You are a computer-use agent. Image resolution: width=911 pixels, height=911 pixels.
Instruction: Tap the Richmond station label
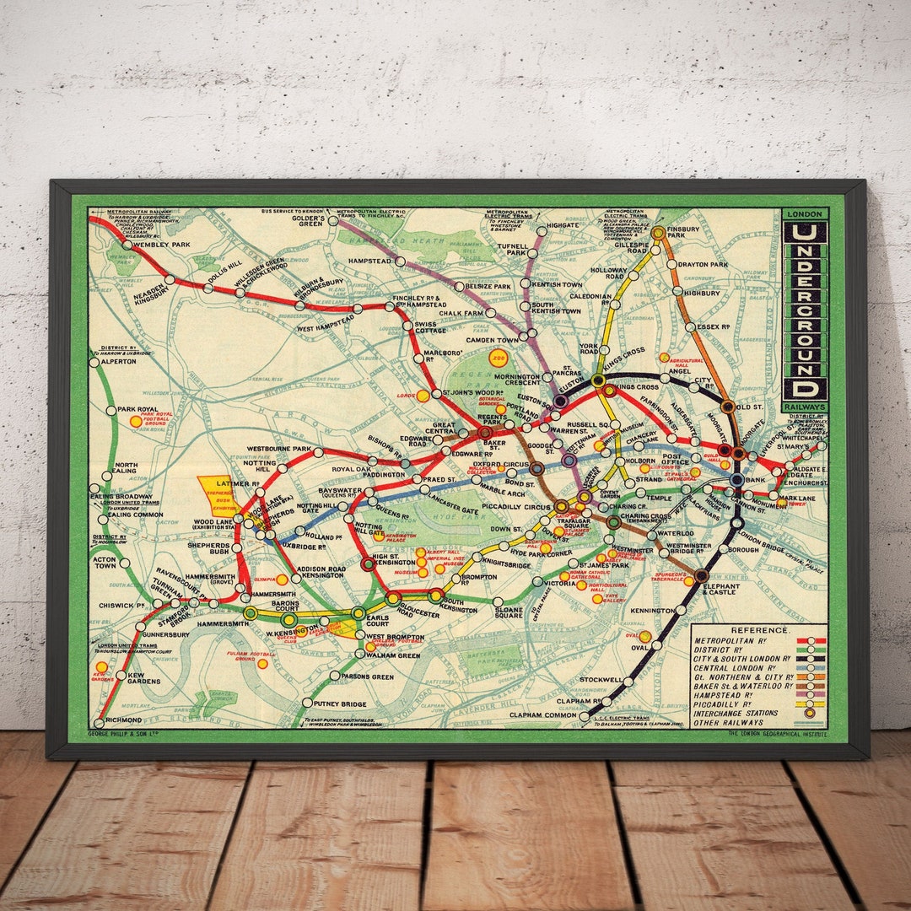[125, 722]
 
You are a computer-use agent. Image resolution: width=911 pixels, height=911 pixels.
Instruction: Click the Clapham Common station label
[542, 716]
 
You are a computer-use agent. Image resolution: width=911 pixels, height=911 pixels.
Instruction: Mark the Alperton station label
[118, 361]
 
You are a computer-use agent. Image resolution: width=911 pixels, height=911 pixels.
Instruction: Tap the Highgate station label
[563, 226]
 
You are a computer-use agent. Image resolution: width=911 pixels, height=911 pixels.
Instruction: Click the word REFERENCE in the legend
[760, 630]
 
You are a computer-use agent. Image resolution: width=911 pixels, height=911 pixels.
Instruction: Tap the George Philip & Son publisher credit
[124, 734]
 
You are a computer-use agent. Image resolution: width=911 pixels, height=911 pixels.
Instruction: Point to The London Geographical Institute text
[775, 734]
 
